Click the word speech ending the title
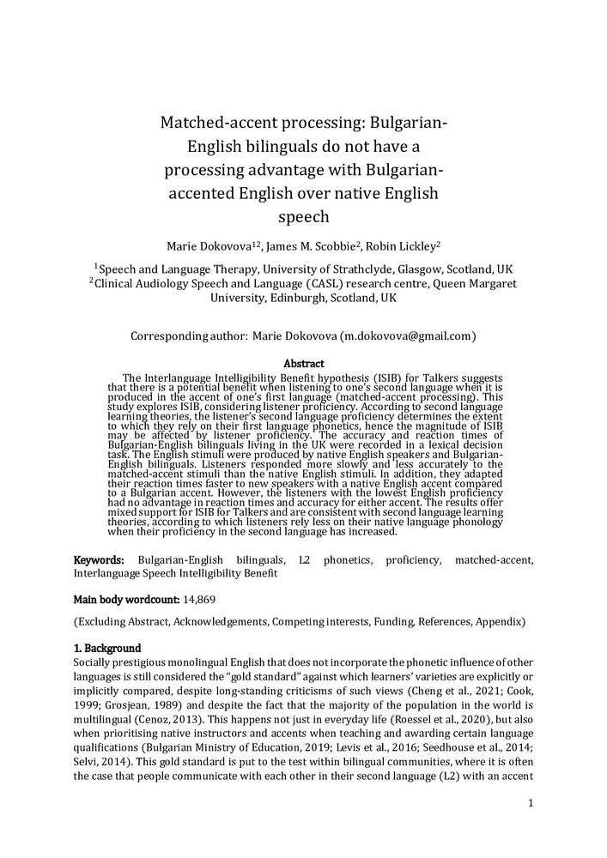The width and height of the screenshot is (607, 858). coord(305,217)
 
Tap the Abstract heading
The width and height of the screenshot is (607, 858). coord(303,364)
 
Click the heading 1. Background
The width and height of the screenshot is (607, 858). coord(106,648)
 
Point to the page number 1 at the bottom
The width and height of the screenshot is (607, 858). coord(531,803)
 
